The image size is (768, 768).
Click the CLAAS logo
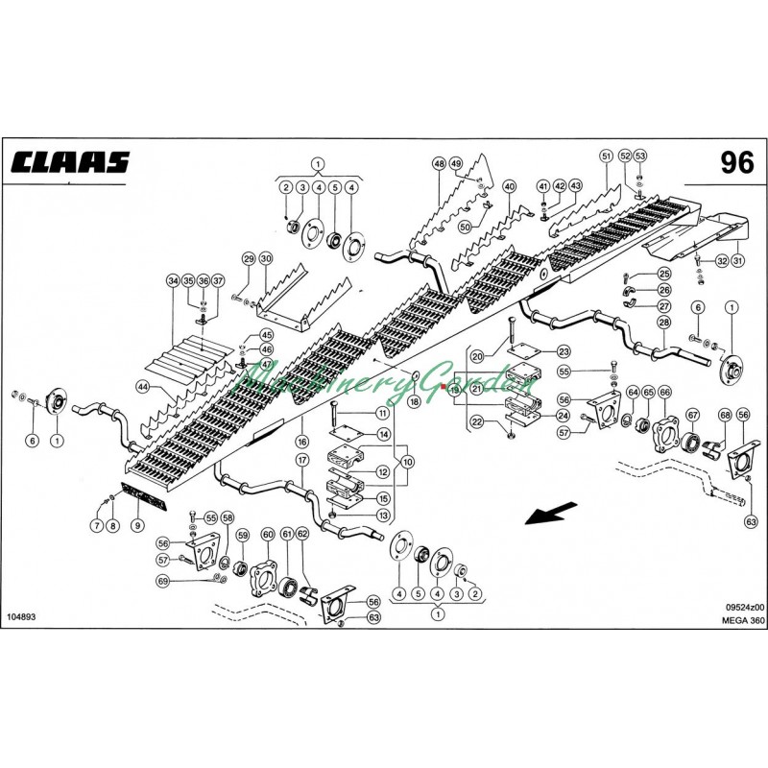[x=69, y=161]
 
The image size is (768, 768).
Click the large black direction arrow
[x=548, y=516]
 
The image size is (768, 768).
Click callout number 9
[x=136, y=524]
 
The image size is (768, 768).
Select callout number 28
[x=662, y=323]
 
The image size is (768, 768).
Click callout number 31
[x=737, y=260]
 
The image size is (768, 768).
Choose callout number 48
[x=438, y=163]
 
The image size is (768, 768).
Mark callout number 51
[x=605, y=155]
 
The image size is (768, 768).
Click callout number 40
[x=509, y=186]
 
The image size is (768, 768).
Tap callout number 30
[x=266, y=258]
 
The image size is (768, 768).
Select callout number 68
[x=724, y=415]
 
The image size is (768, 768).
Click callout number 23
[x=564, y=351]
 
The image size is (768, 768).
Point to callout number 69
[x=162, y=581]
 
